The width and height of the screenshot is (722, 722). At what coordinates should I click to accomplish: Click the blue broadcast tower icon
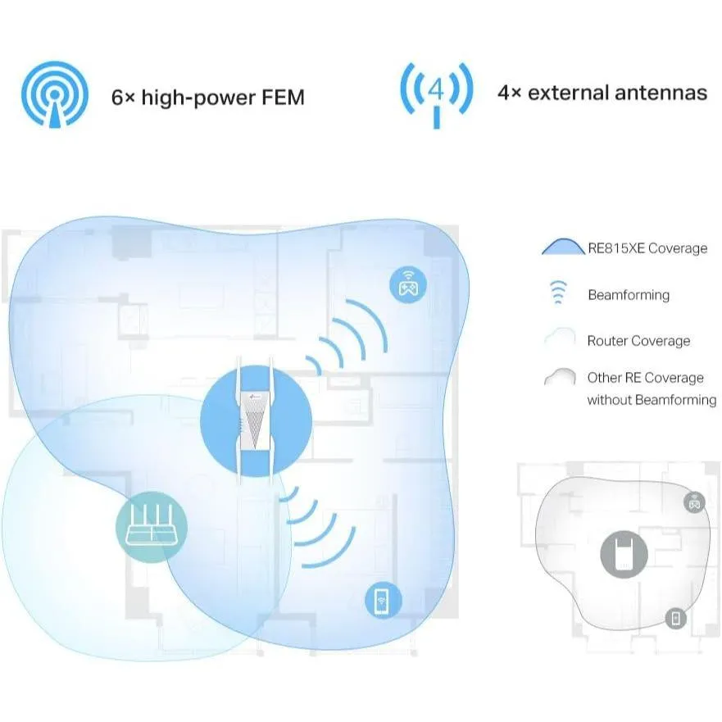coord(55,94)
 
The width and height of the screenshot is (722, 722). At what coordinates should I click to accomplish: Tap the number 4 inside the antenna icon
coord(436,89)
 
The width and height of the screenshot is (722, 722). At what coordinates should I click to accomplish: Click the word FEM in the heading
coord(283,98)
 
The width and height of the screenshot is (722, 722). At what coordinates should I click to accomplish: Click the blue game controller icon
coord(408,284)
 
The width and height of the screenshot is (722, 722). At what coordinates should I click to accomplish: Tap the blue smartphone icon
coord(383,601)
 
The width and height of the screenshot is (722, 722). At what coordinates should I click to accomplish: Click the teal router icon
coord(152,527)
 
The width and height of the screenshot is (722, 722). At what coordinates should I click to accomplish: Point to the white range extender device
coord(256,420)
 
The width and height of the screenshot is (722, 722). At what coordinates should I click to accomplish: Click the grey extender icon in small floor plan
coord(624,554)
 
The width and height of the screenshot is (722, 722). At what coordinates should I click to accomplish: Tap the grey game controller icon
coord(694,502)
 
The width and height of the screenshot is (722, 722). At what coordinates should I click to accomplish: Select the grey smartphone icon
coord(675,618)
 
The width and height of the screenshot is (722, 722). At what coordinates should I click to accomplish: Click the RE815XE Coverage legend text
coord(647,248)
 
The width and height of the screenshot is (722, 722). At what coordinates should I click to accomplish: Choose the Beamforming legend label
coord(629,295)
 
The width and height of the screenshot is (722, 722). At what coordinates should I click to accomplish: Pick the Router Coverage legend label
coord(638,341)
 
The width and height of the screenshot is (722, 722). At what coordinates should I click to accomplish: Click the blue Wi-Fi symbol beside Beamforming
coord(558,292)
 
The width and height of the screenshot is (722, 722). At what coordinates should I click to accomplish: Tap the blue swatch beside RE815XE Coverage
coord(563,247)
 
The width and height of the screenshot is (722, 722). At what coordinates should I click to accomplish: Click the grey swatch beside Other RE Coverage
coord(560,377)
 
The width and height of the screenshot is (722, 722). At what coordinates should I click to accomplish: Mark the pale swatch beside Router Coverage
coord(560,337)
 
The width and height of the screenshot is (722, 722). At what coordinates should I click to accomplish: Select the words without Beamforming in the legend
coord(652,400)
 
